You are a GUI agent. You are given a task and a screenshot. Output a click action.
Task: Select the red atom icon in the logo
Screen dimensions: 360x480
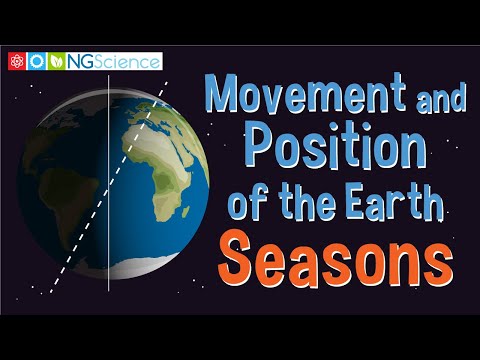point(15,62)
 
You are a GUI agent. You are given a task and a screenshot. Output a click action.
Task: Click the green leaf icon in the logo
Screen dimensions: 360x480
point(58,62)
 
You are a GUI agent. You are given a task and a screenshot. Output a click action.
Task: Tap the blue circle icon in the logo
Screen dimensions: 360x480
point(37,62)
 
